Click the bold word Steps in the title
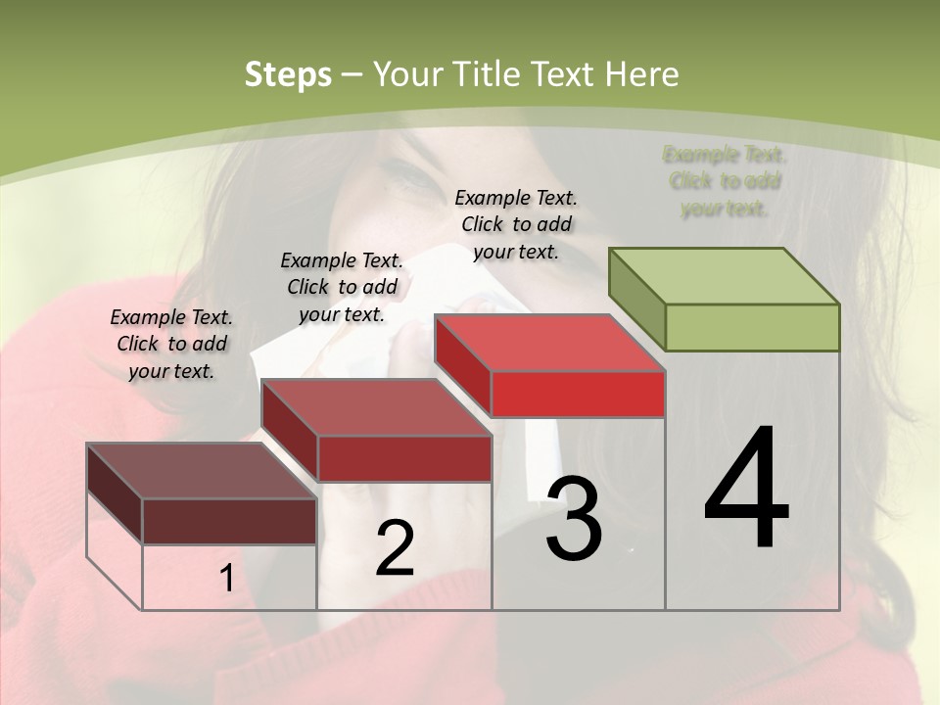click(288, 74)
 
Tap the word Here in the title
click(641, 74)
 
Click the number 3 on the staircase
click(574, 520)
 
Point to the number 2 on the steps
click(395, 548)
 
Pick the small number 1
click(227, 579)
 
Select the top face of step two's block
click(376, 407)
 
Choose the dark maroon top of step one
click(202, 471)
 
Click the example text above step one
click(171, 344)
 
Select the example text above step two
click(342, 287)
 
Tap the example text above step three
click(516, 224)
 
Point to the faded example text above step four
click(725, 181)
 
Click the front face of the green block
click(752, 327)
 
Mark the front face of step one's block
click(229, 521)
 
